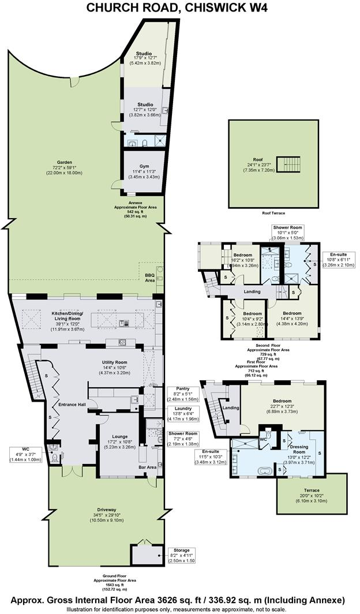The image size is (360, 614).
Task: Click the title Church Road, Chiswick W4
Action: [179, 8]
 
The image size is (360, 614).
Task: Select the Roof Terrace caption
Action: [274, 213]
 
